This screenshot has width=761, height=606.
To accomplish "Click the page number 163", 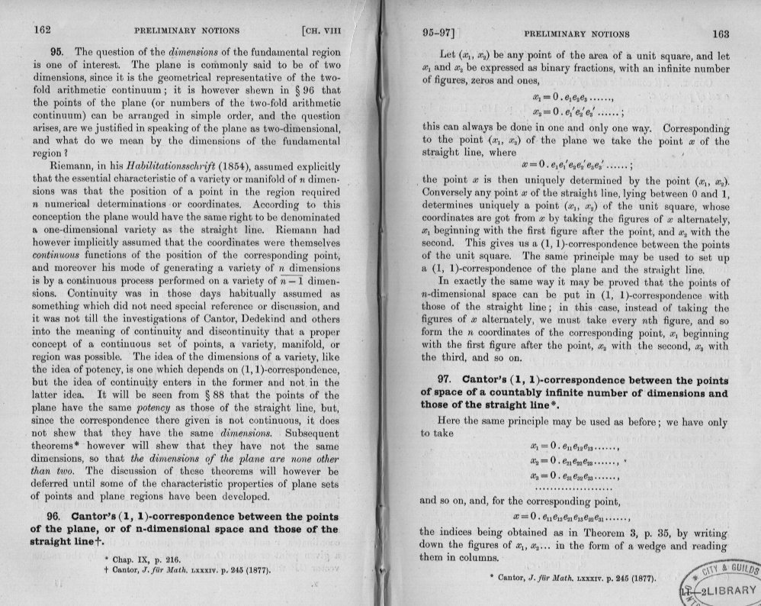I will [719, 34].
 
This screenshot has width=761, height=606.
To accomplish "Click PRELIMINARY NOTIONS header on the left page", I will [186, 31].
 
